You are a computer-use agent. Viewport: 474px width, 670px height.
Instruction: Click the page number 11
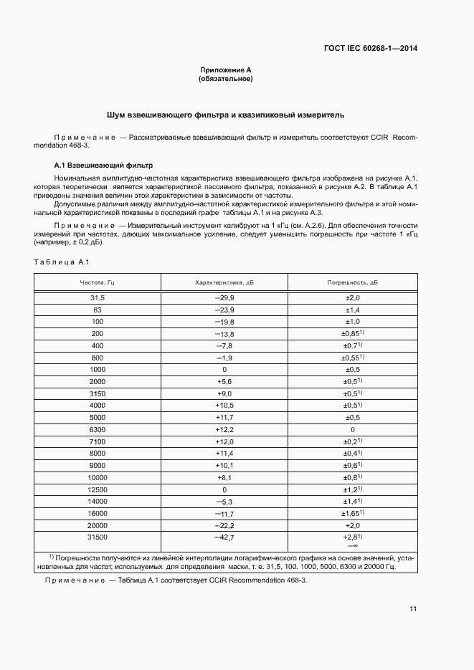coord(413,609)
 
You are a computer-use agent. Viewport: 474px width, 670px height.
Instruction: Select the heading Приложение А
coord(225,70)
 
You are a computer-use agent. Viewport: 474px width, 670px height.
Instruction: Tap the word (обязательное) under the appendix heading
coord(225,79)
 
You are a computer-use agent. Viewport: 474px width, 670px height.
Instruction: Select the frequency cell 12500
coord(97,489)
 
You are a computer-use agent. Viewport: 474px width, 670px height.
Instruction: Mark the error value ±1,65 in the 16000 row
coord(352,514)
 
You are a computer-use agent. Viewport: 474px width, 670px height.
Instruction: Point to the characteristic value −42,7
coord(224,537)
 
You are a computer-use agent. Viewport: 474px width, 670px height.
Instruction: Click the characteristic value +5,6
coord(224,381)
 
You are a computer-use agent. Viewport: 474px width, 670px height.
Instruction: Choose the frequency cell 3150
coord(97,393)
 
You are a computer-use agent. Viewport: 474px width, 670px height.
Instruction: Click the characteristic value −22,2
coord(224,525)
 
